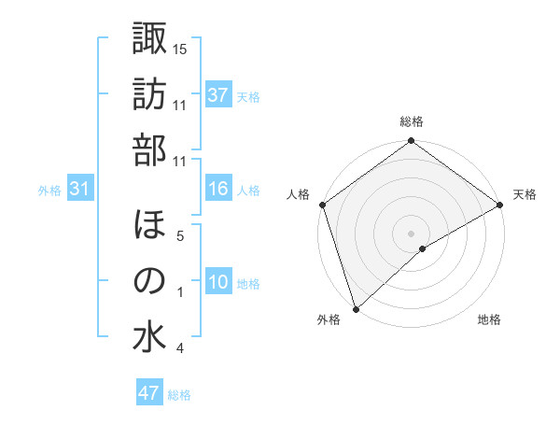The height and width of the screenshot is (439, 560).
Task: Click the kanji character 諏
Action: tap(149, 39)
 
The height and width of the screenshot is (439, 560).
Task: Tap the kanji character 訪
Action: tap(149, 95)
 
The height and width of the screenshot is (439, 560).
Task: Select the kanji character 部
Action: tap(149, 151)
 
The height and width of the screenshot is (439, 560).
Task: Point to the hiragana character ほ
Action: tap(149, 226)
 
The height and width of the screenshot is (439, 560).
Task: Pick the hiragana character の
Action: tap(149, 281)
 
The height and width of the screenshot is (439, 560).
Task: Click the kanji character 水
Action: tap(149, 337)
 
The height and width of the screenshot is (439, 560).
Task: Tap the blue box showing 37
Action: tap(217, 94)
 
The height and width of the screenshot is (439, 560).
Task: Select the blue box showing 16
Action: tap(217, 189)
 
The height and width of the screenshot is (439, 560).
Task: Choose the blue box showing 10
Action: tap(217, 282)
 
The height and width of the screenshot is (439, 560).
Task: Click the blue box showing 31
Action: tap(80, 189)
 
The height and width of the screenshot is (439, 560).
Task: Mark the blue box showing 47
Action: tap(149, 393)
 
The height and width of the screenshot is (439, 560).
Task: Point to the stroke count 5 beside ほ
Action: tap(179, 235)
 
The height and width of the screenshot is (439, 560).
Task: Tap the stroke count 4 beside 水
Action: tap(179, 348)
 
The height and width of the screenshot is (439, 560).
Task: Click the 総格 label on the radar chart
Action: tap(412, 121)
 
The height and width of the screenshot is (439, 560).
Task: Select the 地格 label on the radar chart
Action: tap(489, 320)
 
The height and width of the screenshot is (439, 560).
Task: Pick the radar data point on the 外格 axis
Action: tap(356, 308)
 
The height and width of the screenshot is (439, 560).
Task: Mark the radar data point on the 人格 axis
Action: tap(322, 205)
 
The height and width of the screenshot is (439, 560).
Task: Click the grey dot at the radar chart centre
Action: tap(411, 233)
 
